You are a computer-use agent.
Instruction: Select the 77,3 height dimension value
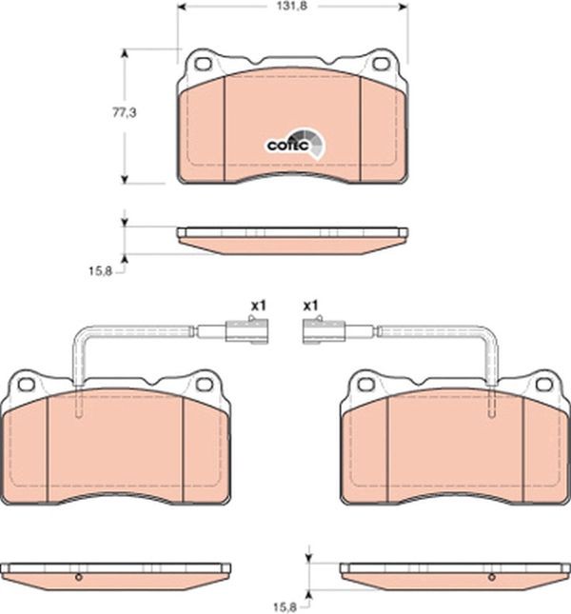coord(125,112)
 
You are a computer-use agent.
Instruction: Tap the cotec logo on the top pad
coord(296,144)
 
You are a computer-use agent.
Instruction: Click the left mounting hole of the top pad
coord(203,64)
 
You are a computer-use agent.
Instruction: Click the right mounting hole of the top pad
coord(381,64)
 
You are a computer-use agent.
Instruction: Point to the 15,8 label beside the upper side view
coord(100,270)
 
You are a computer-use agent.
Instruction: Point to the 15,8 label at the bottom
coord(285,607)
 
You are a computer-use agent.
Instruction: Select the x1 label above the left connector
coord(258,306)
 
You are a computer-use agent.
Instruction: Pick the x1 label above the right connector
coord(311,306)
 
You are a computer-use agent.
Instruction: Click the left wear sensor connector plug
coord(246,331)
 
